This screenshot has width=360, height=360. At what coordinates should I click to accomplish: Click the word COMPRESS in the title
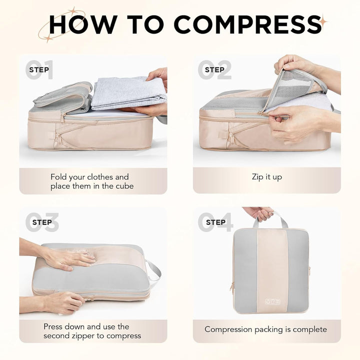click(x=247, y=24)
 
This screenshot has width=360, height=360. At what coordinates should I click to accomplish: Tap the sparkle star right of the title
click(x=323, y=21)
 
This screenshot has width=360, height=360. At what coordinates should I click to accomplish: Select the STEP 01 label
click(x=39, y=69)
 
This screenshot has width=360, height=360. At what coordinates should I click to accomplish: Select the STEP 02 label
click(x=214, y=69)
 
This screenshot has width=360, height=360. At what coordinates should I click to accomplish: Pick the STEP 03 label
click(x=42, y=222)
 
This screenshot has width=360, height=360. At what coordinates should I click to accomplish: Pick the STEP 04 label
click(x=216, y=222)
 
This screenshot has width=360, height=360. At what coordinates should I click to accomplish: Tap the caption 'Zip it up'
click(x=267, y=177)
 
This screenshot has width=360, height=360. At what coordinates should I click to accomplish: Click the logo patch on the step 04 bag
click(x=273, y=301)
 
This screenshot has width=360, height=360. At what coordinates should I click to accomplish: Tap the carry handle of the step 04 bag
click(x=271, y=219)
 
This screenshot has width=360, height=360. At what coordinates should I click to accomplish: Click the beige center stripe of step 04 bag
click(x=272, y=271)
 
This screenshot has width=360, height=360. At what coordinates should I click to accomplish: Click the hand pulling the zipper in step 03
click(x=64, y=303)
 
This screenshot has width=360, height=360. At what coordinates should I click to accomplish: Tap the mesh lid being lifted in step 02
click(x=296, y=86)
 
